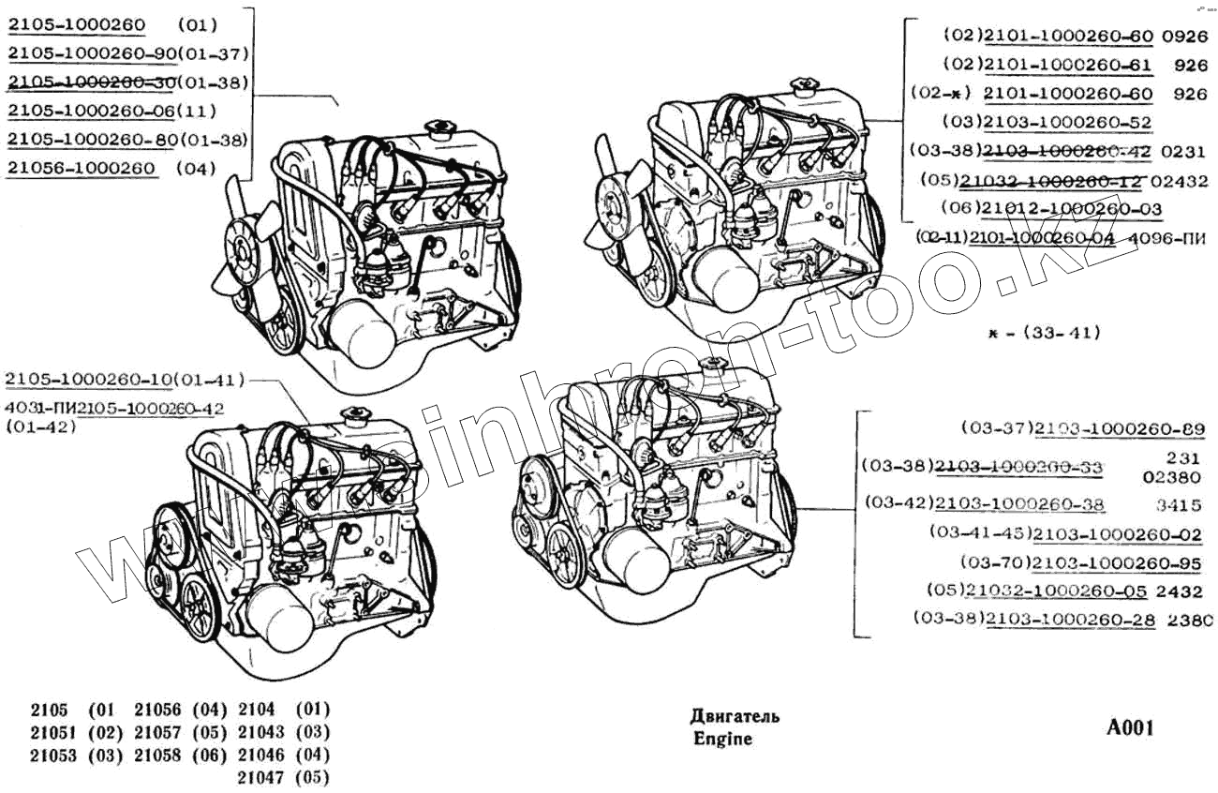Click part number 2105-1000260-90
[x=91, y=53]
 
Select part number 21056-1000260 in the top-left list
[x=81, y=169]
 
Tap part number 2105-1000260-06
[x=91, y=111]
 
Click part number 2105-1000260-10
[x=90, y=380]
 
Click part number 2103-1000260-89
[x=1119, y=429]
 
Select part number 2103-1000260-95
[x=1119, y=562]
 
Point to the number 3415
[x=1178, y=505]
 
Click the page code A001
[x=1131, y=728]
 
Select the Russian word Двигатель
[x=735, y=717]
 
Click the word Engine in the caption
[x=722, y=739]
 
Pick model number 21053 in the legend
[x=53, y=755]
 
